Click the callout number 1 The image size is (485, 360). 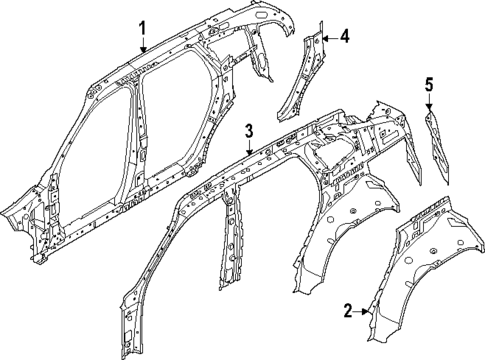tap(142, 27)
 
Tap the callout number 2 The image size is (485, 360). tap(348, 312)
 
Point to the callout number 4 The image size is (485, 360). tap(343, 37)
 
